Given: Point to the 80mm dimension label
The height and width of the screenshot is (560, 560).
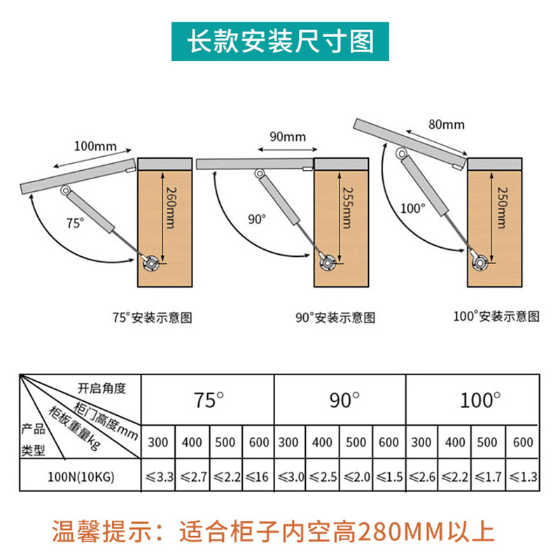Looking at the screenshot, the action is coord(445,125).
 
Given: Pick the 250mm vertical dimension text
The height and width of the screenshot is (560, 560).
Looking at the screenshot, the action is coord(500,207).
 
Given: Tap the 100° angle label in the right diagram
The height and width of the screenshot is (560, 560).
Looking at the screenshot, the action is coord(413,208).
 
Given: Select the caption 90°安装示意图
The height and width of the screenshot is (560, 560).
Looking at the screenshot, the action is coord(335,318).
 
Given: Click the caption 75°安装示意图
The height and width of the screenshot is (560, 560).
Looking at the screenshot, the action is coord(152,317).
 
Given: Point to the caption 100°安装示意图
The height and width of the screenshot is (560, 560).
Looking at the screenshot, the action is coord(496,316).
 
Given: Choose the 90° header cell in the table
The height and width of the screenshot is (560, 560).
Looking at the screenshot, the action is coord(343,400).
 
